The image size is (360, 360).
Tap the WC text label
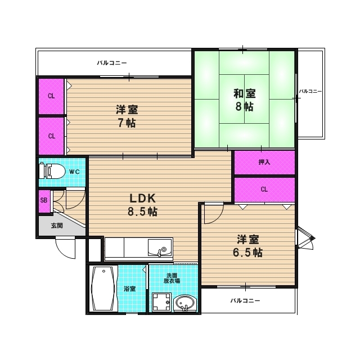75,172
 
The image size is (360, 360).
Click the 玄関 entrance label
57,226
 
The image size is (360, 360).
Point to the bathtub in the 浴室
103,288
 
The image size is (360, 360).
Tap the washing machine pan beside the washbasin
161,302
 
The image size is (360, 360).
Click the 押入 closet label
264,163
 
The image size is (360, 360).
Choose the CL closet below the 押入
264,190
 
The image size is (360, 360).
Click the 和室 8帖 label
244,100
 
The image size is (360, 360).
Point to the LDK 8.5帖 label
143,205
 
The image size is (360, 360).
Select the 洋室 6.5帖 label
248,246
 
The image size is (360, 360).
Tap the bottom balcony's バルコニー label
245,300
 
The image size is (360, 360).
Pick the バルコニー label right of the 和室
310,91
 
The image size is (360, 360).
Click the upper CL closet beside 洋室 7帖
51,96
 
